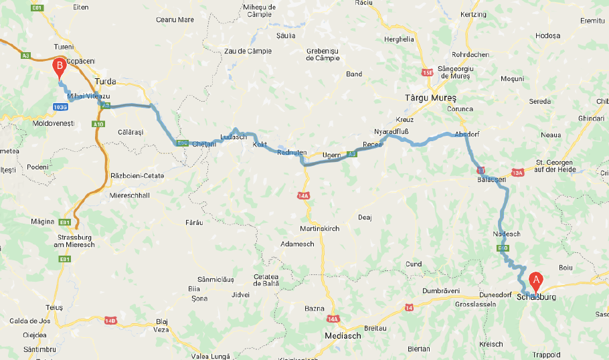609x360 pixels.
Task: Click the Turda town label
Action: click(105, 82)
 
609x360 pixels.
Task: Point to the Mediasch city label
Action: click(342, 336)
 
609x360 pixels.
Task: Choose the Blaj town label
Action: click(161, 321)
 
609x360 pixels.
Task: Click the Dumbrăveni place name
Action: click(441, 291)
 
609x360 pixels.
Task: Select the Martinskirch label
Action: click(320, 229)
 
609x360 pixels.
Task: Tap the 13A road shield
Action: click(517, 173)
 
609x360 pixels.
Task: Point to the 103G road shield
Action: click(60, 106)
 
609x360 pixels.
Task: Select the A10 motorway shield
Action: click(98, 124)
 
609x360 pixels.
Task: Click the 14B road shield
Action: click(110, 321)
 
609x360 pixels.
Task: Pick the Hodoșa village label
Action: click(547, 35)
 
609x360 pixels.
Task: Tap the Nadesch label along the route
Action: click(505, 234)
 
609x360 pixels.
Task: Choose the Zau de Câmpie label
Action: click(248, 51)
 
